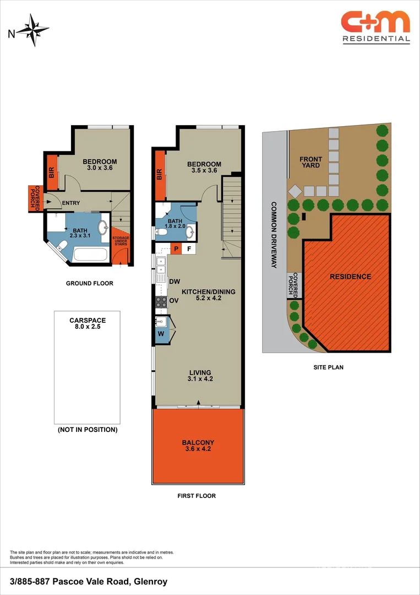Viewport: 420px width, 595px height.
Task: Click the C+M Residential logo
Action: coord(375,26)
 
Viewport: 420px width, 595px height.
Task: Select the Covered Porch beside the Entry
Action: coord(34,198)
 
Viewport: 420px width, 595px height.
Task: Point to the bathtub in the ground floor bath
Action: coord(90,254)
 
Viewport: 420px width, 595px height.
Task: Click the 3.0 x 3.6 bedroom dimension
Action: coord(101,169)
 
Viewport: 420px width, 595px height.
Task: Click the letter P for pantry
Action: coord(176,249)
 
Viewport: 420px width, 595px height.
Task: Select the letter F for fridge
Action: coord(189,249)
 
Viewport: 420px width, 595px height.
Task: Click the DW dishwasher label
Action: coord(174,282)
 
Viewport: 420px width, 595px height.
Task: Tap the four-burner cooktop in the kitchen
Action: coord(162,301)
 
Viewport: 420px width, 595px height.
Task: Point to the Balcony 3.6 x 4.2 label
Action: coord(198,446)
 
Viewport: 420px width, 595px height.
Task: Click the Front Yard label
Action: coord(310,163)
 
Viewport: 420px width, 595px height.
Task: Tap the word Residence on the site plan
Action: coord(350,277)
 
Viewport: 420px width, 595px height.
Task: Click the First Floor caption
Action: coord(197,496)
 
